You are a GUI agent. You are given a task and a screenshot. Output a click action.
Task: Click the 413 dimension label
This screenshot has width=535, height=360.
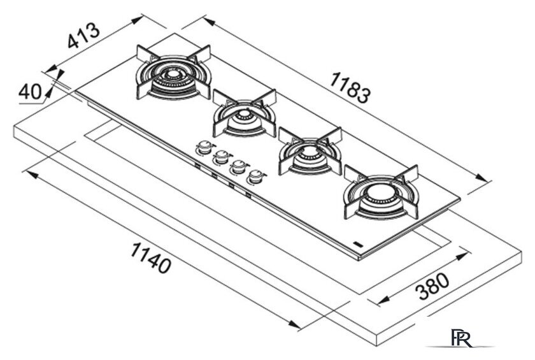click(83, 35)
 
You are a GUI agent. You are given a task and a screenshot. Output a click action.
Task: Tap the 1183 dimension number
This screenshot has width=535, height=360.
click(350, 87)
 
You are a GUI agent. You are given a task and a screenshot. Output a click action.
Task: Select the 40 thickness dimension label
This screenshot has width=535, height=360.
click(30, 92)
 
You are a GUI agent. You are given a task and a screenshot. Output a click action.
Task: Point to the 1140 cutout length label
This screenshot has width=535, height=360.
click(150, 257)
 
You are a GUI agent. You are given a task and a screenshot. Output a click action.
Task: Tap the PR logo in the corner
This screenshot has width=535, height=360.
click(462, 338)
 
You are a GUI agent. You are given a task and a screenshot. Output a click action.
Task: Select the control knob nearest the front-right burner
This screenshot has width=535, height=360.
click(257, 176)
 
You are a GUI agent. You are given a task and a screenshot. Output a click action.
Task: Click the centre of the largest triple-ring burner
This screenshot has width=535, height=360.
click(173, 74)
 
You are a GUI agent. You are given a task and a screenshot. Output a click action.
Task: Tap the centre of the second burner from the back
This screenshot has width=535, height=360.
click(244, 114)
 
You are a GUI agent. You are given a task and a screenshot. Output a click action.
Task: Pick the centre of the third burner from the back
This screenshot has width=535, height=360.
click(310, 152)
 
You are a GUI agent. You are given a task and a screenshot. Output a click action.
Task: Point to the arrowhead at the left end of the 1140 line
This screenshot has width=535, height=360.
click(32, 175)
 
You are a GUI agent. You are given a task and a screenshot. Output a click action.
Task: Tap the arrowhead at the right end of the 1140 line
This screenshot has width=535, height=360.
click(294, 324)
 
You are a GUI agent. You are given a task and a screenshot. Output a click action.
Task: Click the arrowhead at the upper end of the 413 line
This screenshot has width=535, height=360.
click(136, 20)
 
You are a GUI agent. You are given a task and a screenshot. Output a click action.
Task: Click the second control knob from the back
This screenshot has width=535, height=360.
click(222, 157)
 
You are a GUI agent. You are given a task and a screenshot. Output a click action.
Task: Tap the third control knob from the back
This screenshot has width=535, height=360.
click(239, 167)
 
